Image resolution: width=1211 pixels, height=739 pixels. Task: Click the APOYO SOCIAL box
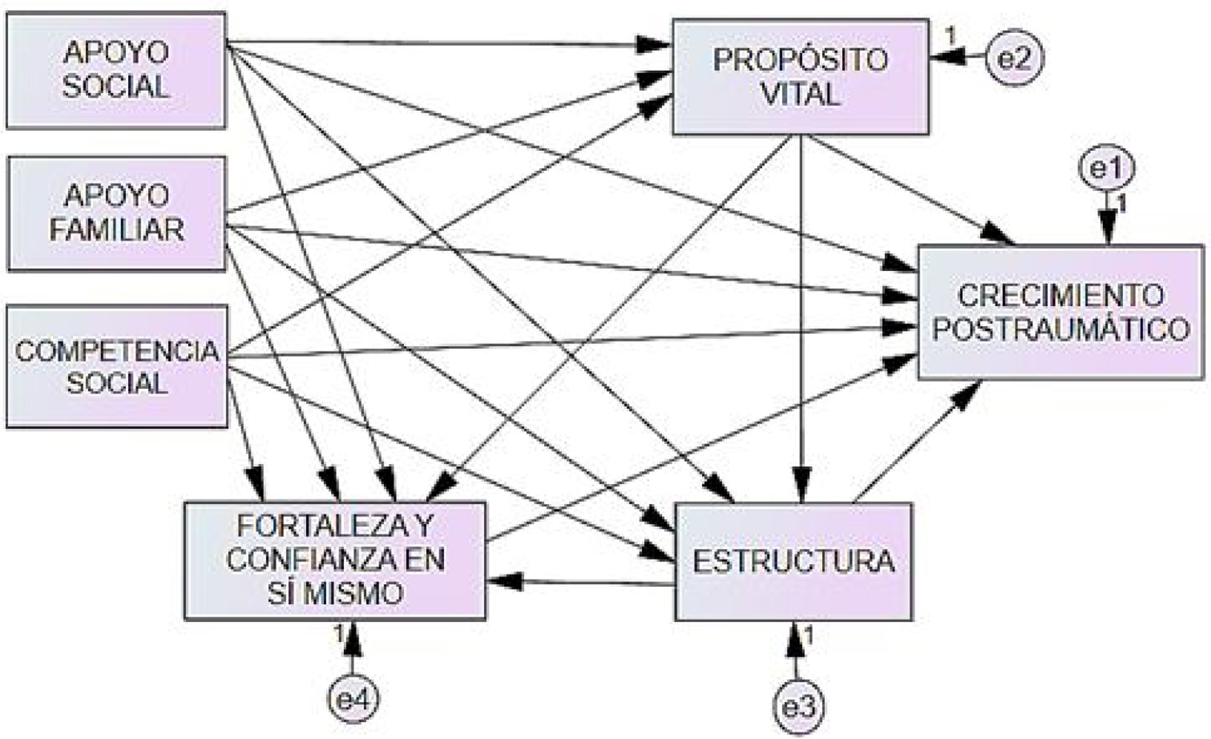(116, 70)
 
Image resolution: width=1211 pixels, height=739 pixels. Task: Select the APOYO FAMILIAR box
(116, 214)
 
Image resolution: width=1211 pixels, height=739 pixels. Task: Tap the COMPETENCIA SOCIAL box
(117, 366)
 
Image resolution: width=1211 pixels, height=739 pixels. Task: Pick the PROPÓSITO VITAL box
(800, 77)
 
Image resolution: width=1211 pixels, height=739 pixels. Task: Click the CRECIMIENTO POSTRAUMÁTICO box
(1060, 312)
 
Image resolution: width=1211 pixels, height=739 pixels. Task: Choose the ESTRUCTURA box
(794, 561)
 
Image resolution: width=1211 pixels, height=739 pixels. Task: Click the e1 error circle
(1106, 169)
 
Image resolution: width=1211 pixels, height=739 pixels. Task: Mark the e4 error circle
(353, 699)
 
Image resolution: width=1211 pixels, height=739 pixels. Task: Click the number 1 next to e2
(950, 37)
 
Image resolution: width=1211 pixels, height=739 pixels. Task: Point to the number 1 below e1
(1120, 206)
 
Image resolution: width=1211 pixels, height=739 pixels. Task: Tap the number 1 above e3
(808, 636)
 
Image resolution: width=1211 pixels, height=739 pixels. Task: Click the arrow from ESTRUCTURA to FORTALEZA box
(581, 583)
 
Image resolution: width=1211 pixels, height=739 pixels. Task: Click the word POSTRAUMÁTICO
(1060, 330)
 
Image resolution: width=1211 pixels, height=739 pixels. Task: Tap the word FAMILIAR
(116, 230)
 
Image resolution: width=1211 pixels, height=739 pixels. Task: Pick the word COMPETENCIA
(117, 351)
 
